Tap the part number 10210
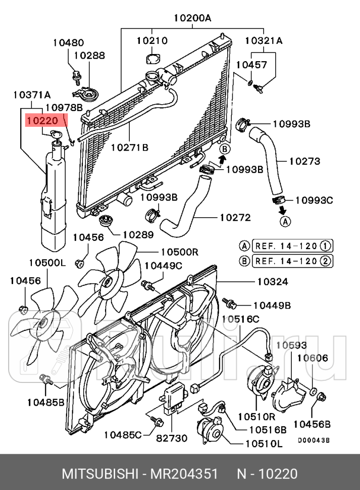point(152,40)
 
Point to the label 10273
point(304,162)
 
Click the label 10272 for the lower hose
point(235,218)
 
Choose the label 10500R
point(179,251)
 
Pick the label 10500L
point(47,262)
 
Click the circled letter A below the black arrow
point(285,221)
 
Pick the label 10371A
point(32,94)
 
